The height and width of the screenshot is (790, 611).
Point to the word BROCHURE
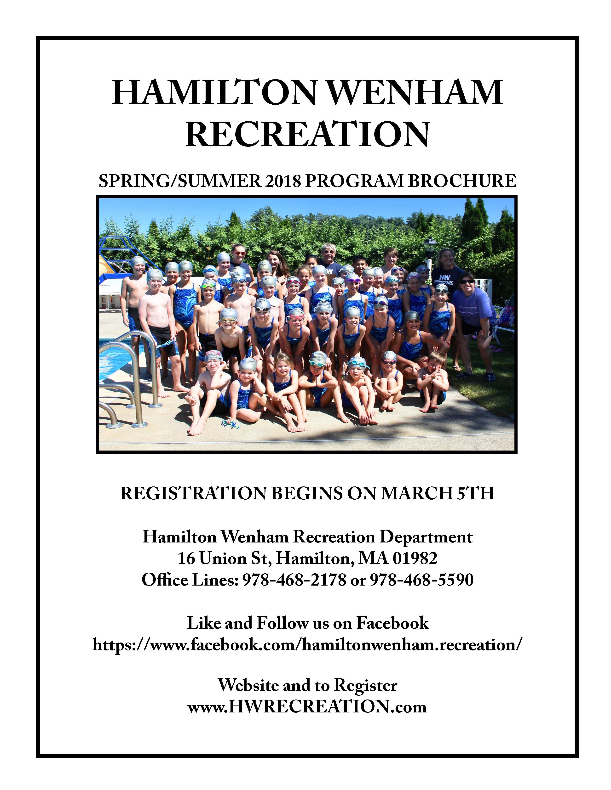(462, 181)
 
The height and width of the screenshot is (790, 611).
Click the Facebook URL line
(307, 644)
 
